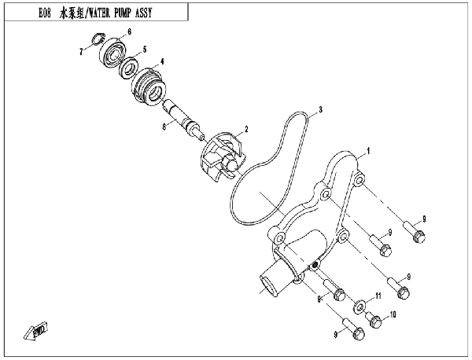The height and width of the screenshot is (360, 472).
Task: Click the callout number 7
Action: pos(81,52)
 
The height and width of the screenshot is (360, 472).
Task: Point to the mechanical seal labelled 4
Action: pos(149,86)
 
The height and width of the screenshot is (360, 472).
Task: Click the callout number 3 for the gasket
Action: pos(321,109)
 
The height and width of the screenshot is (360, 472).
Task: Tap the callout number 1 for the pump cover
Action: pos(368,151)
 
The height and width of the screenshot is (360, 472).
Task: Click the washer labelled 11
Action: pos(359,307)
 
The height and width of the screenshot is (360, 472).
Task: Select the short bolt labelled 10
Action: pos(374,320)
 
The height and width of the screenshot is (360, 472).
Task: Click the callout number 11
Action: pos(378,296)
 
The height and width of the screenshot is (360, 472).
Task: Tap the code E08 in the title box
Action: pos(45,13)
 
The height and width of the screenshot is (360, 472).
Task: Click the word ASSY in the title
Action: pos(144,13)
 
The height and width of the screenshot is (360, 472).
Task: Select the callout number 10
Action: pos(393,314)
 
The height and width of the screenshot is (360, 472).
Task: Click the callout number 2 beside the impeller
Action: pos(246,130)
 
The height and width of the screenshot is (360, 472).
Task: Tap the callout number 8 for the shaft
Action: pos(164,127)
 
